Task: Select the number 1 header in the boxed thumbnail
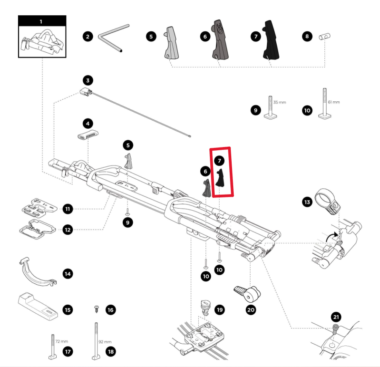(x=41, y=21)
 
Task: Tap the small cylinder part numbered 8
(x=324, y=37)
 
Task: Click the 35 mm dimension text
(x=279, y=103)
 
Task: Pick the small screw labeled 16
(x=97, y=310)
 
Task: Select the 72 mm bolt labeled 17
(x=53, y=345)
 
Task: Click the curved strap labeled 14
(x=37, y=273)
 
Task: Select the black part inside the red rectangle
(x=220, y=178)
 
